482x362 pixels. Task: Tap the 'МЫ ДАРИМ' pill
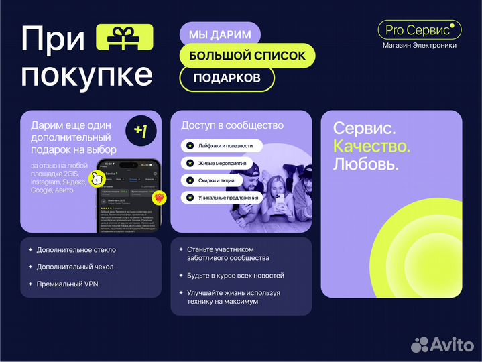click(220, 34)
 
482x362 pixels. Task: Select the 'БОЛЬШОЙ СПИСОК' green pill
click(247, 56)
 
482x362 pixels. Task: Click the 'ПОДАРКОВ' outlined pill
click(227, 78)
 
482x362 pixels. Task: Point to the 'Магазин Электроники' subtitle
click(420, 46)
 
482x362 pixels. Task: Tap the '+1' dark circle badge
click(141, 131)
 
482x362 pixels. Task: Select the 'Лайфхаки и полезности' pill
click(221, 145)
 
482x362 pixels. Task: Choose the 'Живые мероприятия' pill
click(217, 163)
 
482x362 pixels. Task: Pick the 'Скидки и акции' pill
click(213, 180)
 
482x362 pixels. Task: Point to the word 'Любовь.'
click(366, 163)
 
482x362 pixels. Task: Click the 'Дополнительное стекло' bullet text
click(77, 250)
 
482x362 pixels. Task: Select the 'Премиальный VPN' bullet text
click(70, 284)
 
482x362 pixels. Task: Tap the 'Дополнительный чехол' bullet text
click(75, 267)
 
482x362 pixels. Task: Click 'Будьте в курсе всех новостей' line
click(235, 276)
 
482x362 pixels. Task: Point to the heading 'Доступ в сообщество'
click(232, 125)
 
